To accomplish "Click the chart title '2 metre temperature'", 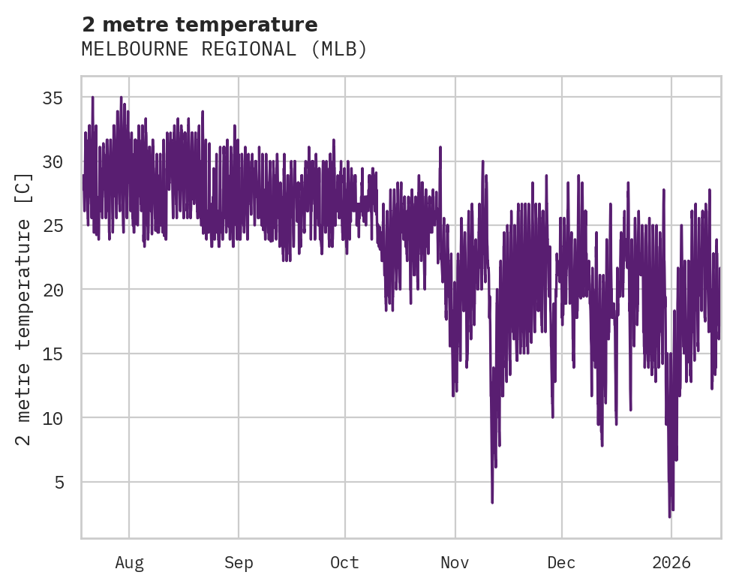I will coord(200,25).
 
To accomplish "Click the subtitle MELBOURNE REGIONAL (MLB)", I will coord(224,50).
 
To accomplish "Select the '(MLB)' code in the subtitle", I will coord(340,50).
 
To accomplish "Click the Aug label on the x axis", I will coord(129,562).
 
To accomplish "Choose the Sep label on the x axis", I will coord(239,562).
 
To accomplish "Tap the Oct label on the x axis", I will coord(345,562).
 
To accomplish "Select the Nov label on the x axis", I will coord(455,562).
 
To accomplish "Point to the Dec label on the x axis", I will coord(561,562).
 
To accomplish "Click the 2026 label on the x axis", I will coord(671,562).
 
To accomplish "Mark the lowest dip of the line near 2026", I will coord(670,516).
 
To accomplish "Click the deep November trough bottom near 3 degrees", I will coord(492,502).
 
